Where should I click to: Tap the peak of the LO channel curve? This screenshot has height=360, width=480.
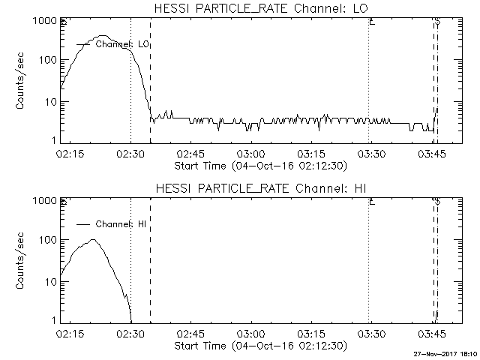click(103, 35)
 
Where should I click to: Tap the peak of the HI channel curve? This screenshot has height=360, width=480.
click(93, 240)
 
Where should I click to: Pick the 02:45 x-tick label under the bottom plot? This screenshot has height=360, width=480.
click(190, 334)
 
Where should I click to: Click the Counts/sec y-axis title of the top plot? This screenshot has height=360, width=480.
click(22, 81)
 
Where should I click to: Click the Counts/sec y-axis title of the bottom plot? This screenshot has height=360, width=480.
click(22, 261)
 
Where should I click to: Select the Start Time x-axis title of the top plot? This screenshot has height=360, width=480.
click(259, 166)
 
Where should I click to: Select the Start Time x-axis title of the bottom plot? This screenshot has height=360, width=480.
click(259, 346)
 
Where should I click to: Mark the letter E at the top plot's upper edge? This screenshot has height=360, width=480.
click(371, 22)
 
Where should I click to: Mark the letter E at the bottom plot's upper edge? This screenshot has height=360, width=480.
click(371, 202)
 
